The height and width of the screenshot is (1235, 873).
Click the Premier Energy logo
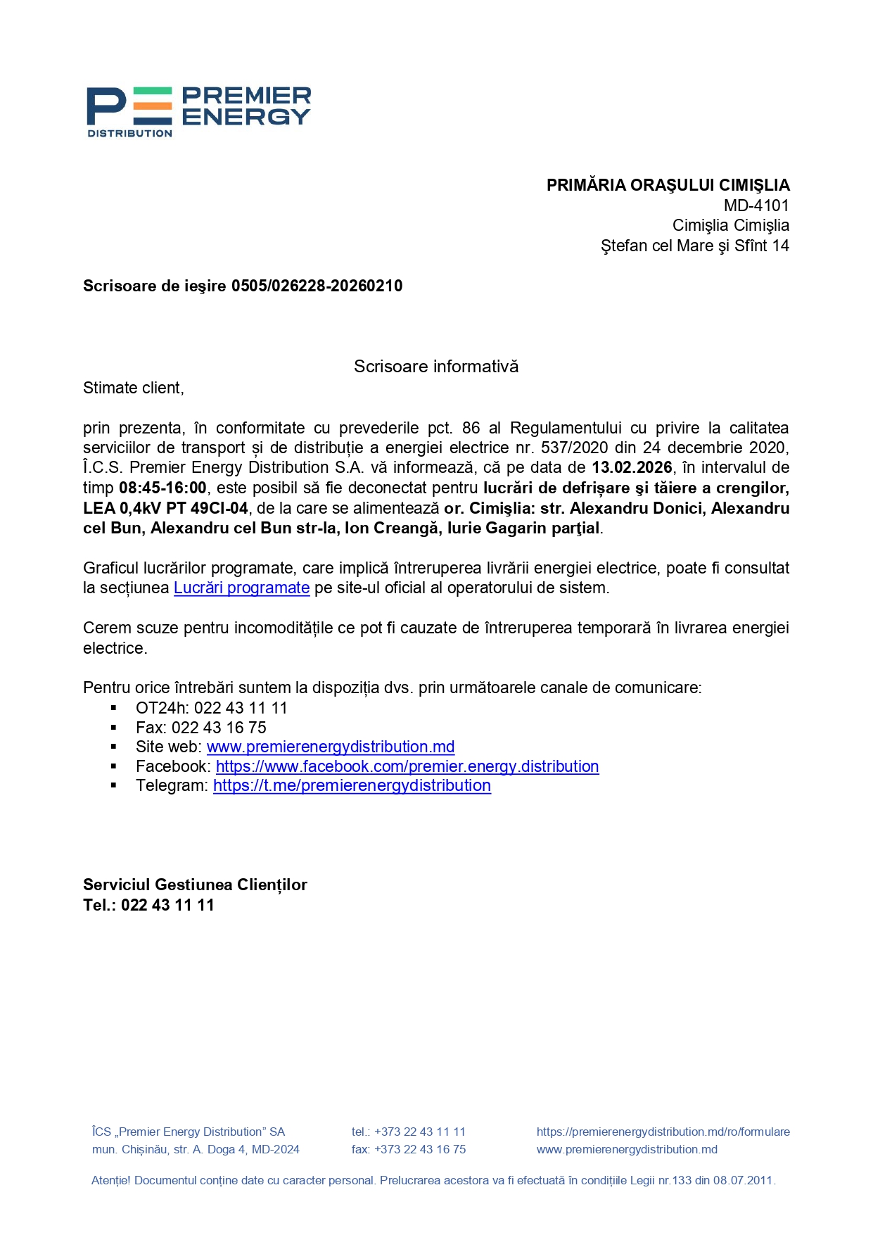pyautogui.click(x=198, y=111)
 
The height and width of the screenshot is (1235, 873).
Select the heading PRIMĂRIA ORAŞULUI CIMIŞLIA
pyautogui.click(x=668, y=185)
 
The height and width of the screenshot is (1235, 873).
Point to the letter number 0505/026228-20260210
pyautogui.click(x=317, y=286)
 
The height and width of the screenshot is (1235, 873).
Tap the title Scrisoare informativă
pyautogui.click(x=435, y=367)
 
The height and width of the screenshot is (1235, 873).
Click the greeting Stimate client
pyautogui.click(x=133, y=388)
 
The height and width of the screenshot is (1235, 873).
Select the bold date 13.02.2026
pyautogui.click(x=631, y=468)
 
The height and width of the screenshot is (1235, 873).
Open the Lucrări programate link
pyautogui.click(x=241, y=588)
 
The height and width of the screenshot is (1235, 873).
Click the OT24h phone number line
pyautogui.click(x=211, y=708)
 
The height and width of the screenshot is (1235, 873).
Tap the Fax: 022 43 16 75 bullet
pyautogui.click(x=200, y=728)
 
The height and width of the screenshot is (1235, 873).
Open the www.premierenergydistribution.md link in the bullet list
pyautogui.click(x=330, y=747)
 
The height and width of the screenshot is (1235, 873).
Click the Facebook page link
pyautogui.click(x=407, y=766)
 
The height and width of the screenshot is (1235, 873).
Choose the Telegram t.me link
pyautogui.click(x=352, y=785)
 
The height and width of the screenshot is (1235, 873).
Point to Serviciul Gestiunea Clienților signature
pyautogui.click(x=195, y=885)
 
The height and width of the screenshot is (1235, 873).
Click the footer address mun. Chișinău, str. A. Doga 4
pyautogui.click(x=196, y=1149)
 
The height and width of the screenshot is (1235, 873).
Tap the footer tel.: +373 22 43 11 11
pyautogui.click(x=408, y=1132)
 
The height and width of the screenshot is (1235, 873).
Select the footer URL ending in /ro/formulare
pyautogui.click(x=663, y=1132)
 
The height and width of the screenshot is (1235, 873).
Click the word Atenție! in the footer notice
pyautogui.click(x=110, y=1180)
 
